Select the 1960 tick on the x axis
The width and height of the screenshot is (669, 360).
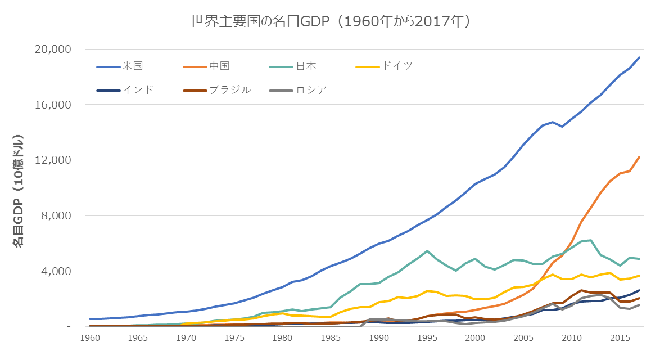click(90, 338)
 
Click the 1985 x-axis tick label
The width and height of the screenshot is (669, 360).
click(331, 338)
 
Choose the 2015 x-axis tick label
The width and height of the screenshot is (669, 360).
click(620, 338)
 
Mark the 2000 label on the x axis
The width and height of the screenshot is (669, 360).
click(476, 338)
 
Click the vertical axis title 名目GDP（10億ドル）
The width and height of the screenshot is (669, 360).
click(19, 191)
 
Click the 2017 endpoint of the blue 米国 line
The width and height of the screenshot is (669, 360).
click(639, 57)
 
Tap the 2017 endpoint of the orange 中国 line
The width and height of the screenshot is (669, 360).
click(639, 157)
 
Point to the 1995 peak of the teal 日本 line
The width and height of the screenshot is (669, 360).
click(427, 251)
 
